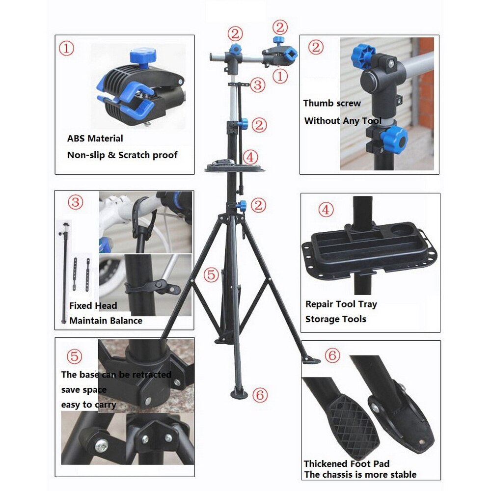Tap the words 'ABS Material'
point(95,138)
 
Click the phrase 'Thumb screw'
point(332,103)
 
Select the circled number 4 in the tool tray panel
point(326,210)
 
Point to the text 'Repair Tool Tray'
point(341,304)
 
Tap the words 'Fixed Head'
point(93,305)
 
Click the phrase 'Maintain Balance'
point(106,321)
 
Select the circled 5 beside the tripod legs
point(211,275)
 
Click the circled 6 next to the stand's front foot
point(260,395)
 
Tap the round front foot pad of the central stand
point(239,394)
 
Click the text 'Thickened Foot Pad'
point(346,464)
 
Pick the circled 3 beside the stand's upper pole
point(258,85)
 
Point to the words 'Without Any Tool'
point(343,121)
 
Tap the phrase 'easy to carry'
point(88,405)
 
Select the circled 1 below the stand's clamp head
point(280,76)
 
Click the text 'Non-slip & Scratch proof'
point(122,155)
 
